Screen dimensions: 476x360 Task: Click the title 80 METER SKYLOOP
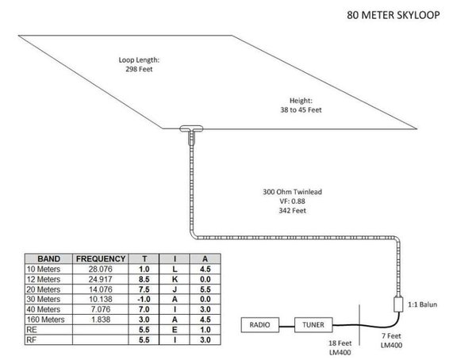point(393,15)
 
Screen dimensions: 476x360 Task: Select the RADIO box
point(260,325)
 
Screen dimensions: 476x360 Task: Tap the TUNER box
point(313,325)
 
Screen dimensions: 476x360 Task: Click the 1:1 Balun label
point(422,304)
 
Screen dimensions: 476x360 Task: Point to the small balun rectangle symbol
point(398,304)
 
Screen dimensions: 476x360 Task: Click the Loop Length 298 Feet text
point(139,64)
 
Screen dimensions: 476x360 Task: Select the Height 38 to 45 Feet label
point(301,105)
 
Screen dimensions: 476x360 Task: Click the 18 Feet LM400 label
point(340,348)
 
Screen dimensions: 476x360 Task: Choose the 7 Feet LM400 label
point(391,341)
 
